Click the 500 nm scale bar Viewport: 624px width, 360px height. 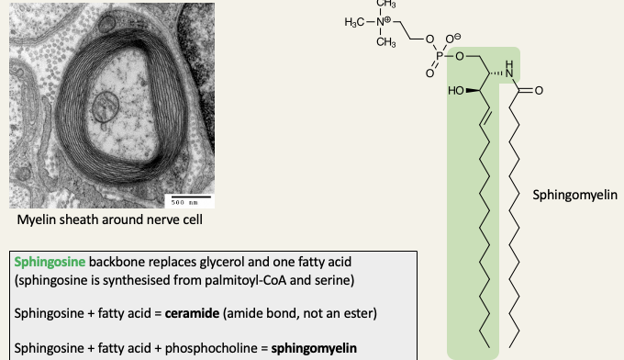pos(188,199)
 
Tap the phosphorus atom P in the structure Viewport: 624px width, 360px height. pos(439,55)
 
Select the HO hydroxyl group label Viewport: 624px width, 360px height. pos(456,91)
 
